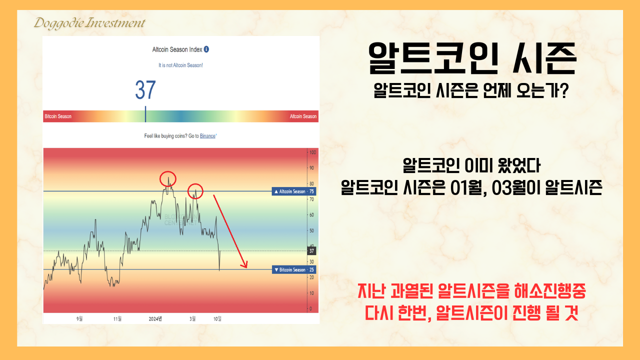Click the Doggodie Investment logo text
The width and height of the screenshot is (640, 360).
[x=89, y=23]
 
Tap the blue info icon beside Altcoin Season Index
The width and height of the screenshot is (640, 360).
[x=206, y=49]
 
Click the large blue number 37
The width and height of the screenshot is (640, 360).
[x=145, y=90]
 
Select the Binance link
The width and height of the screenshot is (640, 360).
[x=207, y=135]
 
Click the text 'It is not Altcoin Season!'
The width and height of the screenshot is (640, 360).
[x=180, y=65]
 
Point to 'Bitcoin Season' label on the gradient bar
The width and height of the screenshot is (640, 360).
[x=58, y=116]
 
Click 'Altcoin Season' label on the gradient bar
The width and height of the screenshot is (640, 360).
[x=303, y=116]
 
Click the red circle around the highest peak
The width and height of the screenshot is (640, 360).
[x=168, y=178]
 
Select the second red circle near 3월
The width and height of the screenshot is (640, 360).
[x=195, y=190]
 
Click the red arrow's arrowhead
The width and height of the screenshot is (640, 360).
[x=245, y=265]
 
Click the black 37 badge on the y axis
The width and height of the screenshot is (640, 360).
[x=312, y=251]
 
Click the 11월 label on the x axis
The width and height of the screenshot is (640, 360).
[x=118, y=318]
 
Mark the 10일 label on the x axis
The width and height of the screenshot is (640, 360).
[x=217, y=318]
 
